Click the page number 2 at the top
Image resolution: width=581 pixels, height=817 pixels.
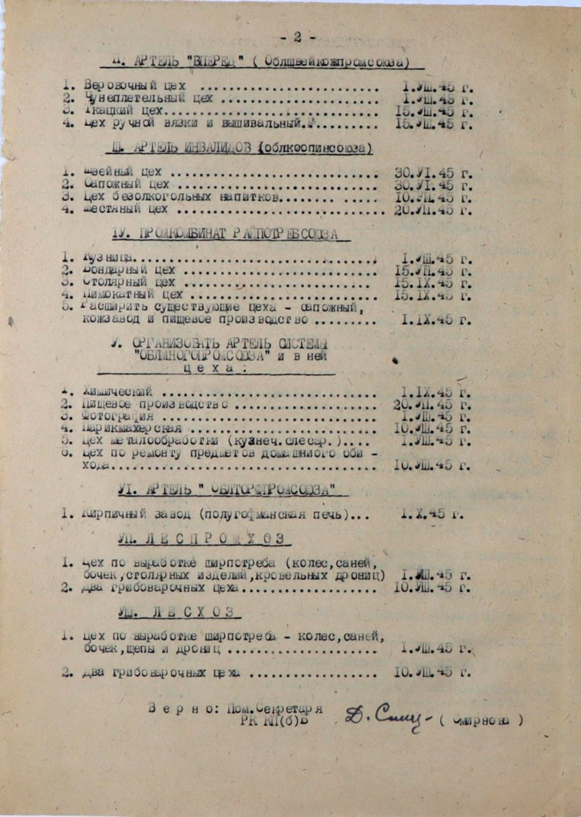(x=298, y=37)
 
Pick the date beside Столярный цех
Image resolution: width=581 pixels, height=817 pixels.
(x=433, y=283)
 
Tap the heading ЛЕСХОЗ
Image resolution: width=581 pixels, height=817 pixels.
(x=180, y=612)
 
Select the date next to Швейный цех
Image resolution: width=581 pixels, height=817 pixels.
(x=433, y=173)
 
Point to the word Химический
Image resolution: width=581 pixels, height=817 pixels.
(x=116, y=392)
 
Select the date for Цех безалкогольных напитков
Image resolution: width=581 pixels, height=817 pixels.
(x=433, y=198)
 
